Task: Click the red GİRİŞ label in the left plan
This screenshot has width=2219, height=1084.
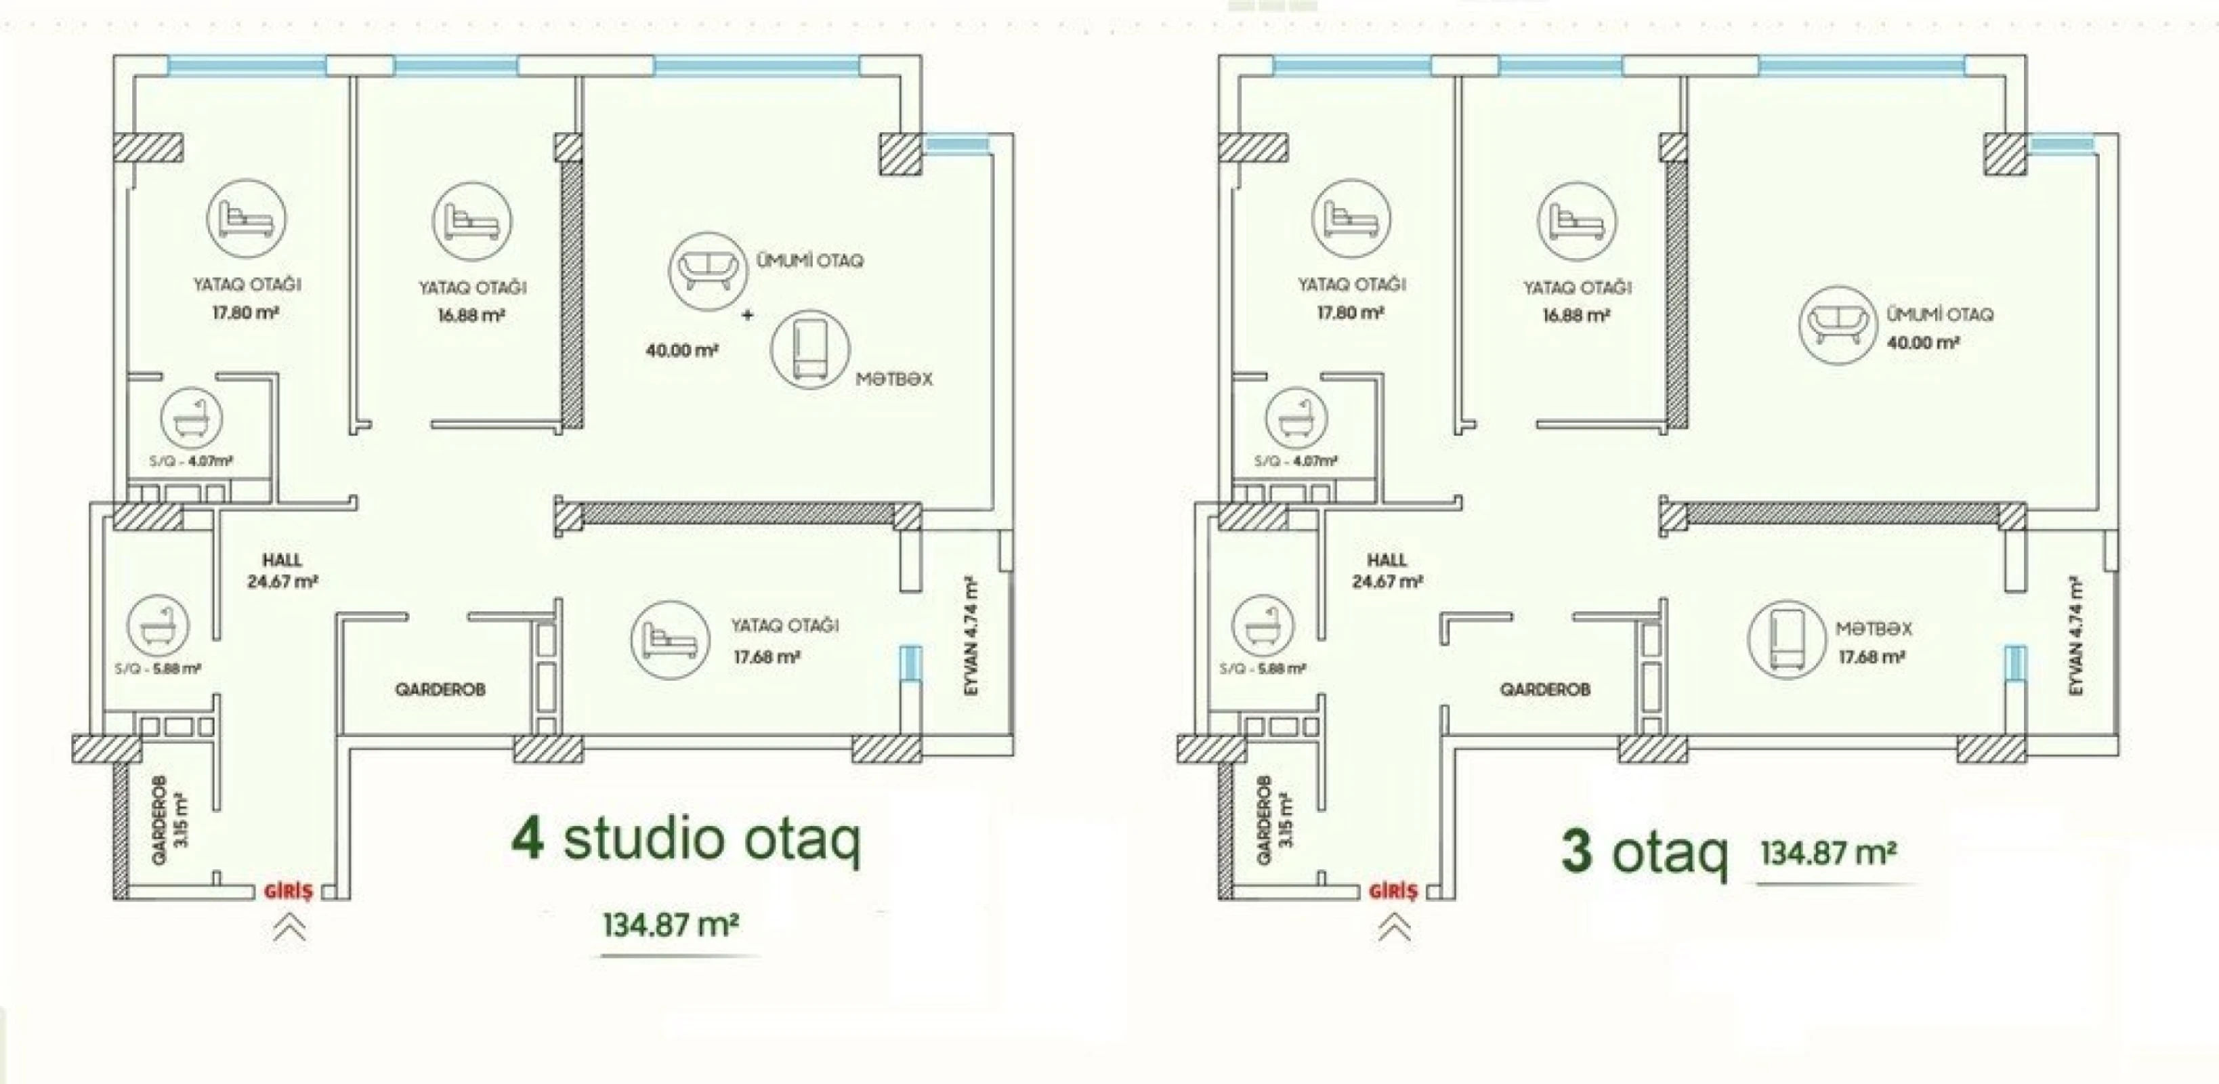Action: (289, 892)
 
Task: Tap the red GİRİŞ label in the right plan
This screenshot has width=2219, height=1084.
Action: (1393, 892)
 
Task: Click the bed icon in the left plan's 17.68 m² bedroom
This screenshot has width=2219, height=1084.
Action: (670, 640)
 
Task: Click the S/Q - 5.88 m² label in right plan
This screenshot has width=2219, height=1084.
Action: (1263, 669)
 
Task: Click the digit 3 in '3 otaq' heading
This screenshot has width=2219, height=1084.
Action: (1576, 852)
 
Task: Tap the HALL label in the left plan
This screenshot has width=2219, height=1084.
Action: (282, 560)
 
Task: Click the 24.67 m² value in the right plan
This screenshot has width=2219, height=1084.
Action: (1387, 582)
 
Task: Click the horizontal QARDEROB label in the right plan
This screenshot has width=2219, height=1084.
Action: (1544, 689)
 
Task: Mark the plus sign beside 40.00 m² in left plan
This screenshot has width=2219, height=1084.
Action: (747, 316)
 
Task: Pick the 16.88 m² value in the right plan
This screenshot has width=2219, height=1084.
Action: (1576, 316)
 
